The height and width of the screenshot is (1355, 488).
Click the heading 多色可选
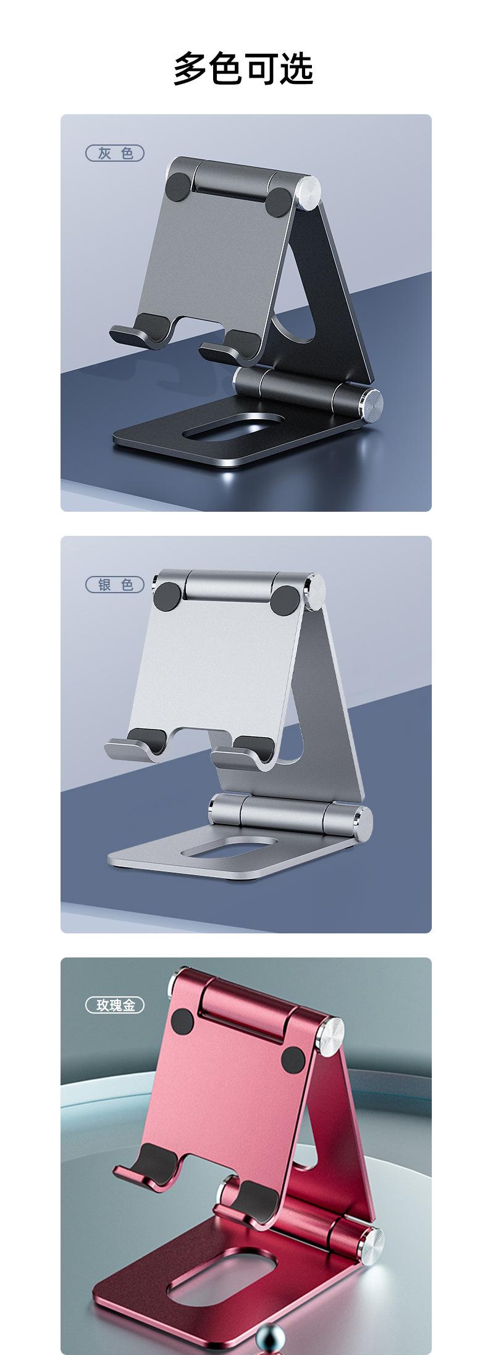coord(243,69)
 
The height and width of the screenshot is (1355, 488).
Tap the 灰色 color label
coord(114,152)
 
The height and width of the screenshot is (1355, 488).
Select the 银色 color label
coord(114,584)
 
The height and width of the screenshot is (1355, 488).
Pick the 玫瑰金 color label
coord(114,1005)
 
